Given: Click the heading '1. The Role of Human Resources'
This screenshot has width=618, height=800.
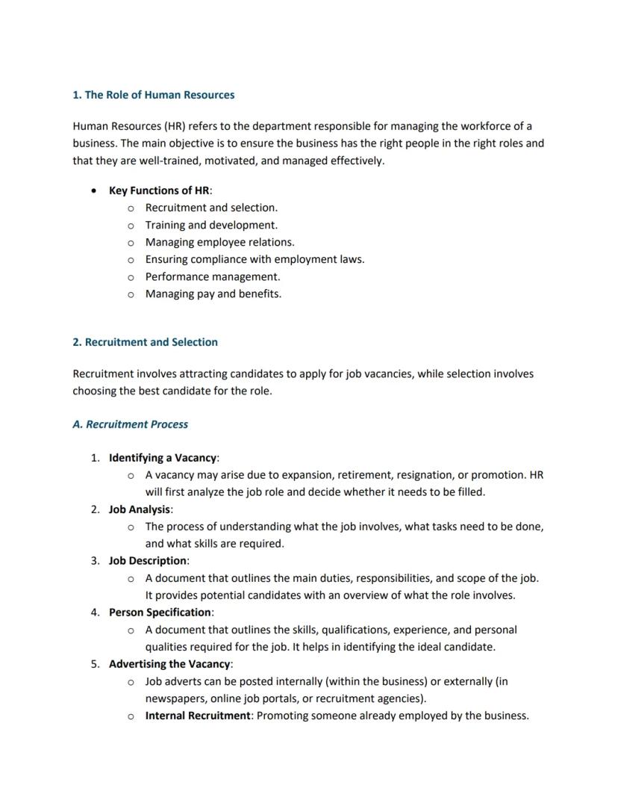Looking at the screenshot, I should click(153, 95).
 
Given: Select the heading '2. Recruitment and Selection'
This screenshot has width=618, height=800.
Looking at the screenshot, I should click(145, 342).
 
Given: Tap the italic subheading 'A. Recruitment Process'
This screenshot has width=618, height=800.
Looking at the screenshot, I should click(130, 424).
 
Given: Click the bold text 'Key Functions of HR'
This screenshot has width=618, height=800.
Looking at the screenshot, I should click(159, 190).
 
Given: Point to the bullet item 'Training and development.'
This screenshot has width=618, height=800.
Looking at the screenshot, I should click(211, 225).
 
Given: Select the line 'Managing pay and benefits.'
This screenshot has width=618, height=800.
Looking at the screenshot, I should click(213, 294).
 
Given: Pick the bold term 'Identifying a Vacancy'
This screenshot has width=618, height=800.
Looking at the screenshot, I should click(163, 457).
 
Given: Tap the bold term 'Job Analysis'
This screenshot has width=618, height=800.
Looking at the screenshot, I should click(140, 509).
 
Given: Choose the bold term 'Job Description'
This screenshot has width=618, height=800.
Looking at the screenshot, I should click(148, 560).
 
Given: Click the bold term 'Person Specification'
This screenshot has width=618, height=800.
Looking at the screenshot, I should click(160, 612).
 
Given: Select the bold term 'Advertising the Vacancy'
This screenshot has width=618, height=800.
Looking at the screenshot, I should click(169, 663).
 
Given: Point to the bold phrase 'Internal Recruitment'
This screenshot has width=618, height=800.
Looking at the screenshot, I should click(197, 716).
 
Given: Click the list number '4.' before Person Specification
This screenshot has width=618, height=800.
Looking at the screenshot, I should click(95, 612).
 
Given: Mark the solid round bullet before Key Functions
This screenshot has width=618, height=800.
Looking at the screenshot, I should click(93, 190).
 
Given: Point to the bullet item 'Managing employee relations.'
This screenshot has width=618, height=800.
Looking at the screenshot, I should click(219, 242).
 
